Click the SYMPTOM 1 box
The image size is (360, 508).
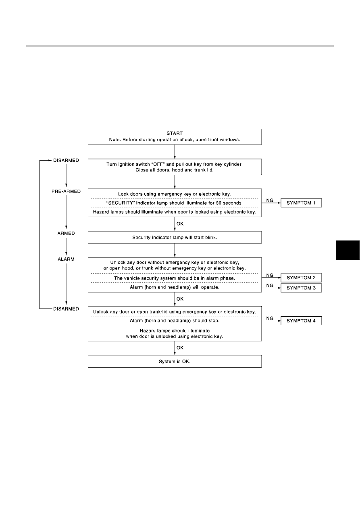click(301, 203)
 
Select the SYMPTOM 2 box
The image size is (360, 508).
click(301, 278)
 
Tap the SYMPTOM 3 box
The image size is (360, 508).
click(301, 288)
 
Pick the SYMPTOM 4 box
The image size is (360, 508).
click(301, 321)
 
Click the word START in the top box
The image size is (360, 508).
click(175, 133)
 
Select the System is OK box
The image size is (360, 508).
click(175, 361)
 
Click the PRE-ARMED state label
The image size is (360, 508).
click(66, 191)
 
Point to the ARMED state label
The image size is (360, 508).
click(66, 233)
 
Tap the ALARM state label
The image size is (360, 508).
click(66, 259)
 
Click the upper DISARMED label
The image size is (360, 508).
click(66, 160)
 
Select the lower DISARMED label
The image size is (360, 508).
click(66, 309)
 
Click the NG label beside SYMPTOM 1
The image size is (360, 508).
click(270, 200)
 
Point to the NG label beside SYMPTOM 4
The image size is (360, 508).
click(270, 318)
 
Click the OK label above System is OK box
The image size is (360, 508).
click(180, 348)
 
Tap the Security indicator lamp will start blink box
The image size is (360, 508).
click(175, 237)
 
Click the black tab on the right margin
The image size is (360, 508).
click(348, 250)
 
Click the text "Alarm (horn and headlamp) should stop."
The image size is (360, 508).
click(175, 320)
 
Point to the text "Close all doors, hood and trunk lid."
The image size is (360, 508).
click(175, 170)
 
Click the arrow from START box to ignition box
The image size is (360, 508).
click(175, 152)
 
